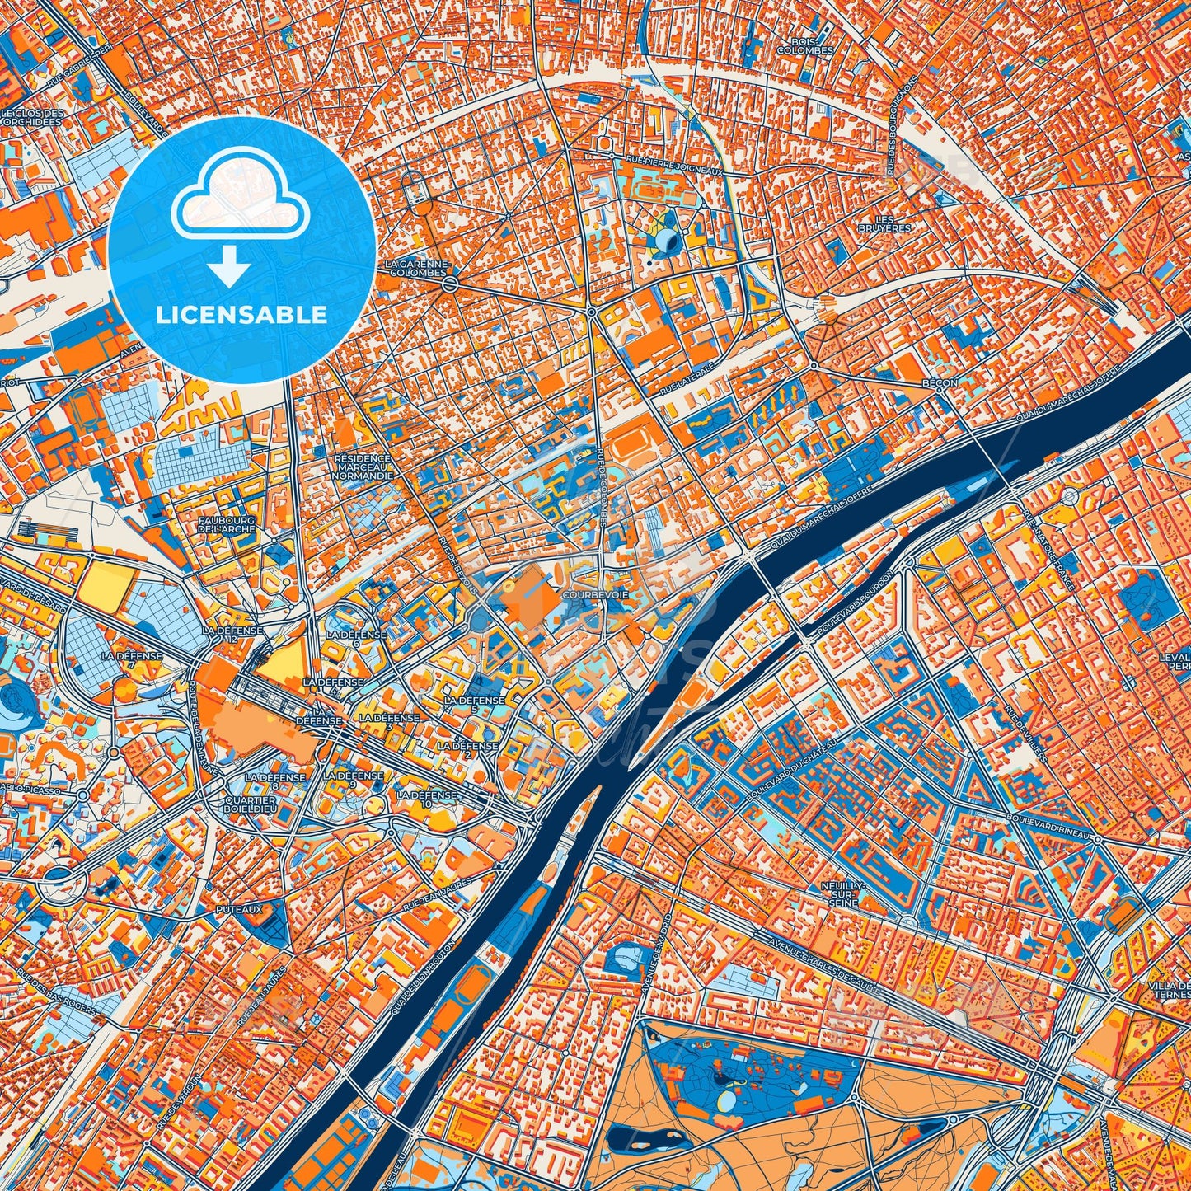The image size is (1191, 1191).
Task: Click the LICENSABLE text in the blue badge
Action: (241, 315)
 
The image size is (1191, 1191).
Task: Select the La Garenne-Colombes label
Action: (418, 268)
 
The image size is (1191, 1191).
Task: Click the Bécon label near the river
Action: (940, 383)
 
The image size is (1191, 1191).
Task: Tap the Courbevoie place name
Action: (584, 594)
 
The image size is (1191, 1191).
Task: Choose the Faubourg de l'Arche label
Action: (227, 524)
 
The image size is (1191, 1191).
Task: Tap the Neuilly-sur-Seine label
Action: (840, 893)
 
